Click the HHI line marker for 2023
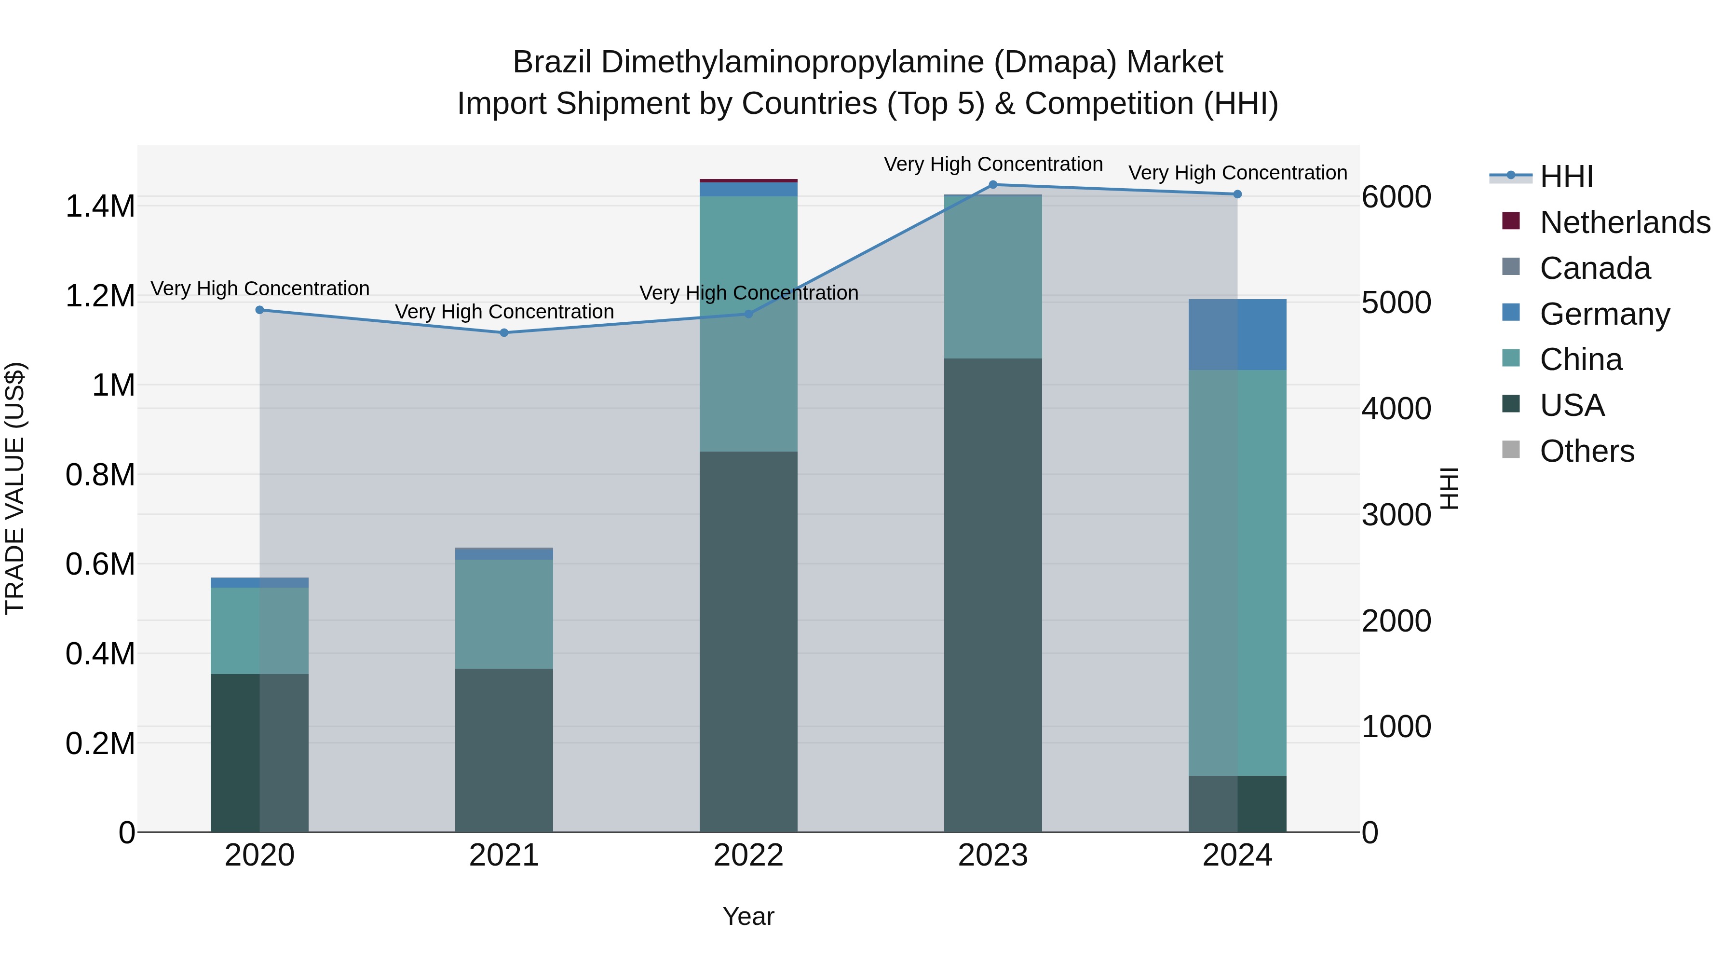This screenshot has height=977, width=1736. click(993, 185)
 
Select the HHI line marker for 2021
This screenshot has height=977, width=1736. click(503, 332)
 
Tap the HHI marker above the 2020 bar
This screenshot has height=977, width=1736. click(259, 310)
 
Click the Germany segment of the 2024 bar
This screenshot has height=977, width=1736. click(1237, 334)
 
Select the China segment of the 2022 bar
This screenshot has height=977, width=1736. click(748, 324)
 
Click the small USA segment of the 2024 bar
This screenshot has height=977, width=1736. click(1237, 804)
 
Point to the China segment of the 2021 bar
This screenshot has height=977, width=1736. click(503, 614)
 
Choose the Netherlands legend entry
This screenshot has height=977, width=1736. click(1624, 222)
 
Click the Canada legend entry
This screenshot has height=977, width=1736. click(1595, 268)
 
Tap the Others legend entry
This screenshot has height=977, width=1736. click(1587, 451)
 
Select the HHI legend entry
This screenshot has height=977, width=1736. click(1566, 177)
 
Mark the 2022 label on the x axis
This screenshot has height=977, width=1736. click(748, 855)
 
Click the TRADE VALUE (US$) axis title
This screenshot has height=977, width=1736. click(15, 488)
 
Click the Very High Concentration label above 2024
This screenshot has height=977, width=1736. click(1237, 173)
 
